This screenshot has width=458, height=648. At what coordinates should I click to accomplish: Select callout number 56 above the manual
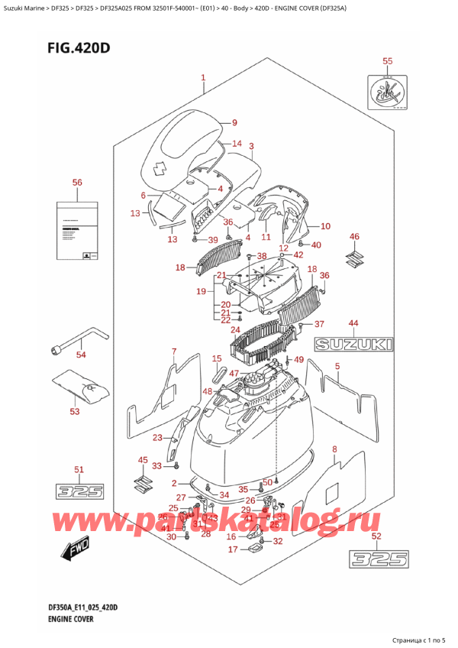pos(76,183)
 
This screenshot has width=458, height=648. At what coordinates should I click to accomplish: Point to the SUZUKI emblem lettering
pos(355,346)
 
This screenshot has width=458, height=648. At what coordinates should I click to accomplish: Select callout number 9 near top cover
pos(214,122)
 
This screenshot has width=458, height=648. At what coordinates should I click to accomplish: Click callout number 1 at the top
pos(203,77)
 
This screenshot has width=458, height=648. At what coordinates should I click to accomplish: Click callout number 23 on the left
pos(157,438)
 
